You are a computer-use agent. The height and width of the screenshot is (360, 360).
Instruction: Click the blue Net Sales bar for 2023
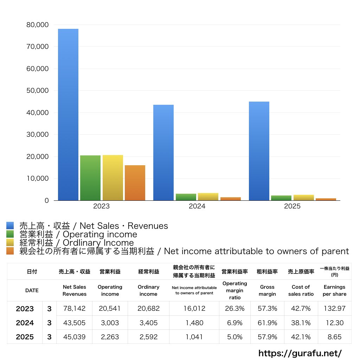click(68, 115)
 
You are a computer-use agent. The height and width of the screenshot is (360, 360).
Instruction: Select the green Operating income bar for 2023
click(90, 178)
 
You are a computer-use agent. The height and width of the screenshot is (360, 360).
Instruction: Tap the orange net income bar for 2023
click(135, 183)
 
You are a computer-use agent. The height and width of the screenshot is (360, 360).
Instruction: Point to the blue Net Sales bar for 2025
click(259, 151)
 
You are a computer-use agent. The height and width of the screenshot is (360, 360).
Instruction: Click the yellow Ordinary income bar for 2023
click(113, 178)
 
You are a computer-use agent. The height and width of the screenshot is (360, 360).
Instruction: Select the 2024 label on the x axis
click(197, 206)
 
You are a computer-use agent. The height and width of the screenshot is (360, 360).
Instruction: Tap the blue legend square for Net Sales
click(10, 226)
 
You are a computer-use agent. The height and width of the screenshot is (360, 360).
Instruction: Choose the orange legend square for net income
click(10, 251)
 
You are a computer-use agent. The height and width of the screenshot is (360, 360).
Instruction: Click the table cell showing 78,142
click(75, 309)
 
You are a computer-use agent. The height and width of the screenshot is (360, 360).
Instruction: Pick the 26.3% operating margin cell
click(235, 309)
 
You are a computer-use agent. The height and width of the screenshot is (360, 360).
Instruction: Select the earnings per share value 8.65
click(334, 337)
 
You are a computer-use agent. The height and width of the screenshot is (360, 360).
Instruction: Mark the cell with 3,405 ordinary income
click(148, 323)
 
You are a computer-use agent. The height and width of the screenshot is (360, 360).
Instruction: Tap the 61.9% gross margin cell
click(267, 323)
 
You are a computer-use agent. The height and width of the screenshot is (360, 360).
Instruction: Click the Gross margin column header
click(267, 290)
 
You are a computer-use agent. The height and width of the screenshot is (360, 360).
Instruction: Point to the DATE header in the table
click(32, 290)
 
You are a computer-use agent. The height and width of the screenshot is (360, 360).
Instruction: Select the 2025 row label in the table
click(25, 337)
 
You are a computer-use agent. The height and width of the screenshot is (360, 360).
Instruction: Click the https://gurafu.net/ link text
click(300, 353)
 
